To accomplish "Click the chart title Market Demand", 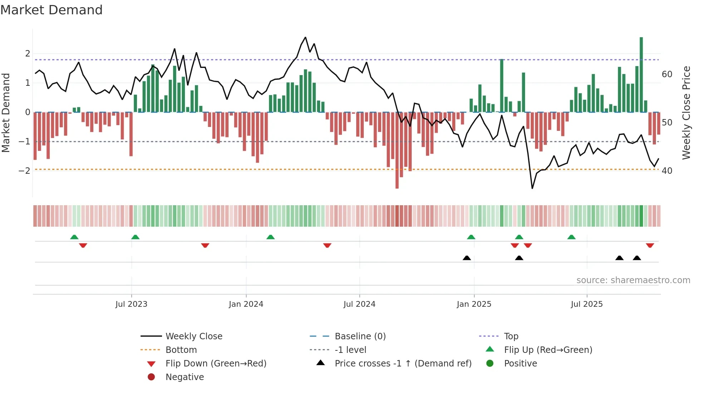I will point(52,10).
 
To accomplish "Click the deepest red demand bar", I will point(397,150).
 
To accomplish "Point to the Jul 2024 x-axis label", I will point(359,304).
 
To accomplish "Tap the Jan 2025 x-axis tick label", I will point(474,304).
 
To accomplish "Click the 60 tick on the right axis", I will point(667,74).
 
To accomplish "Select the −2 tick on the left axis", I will point(25,171).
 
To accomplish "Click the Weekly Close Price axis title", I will point(686,113).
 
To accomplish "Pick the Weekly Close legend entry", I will point(193,336).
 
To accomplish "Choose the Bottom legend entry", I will point(181,350).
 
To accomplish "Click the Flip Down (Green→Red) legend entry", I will point(216,364).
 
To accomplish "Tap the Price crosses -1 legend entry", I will point(403,364).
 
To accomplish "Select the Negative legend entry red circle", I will point(151,377).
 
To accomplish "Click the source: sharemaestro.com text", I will point(633,280).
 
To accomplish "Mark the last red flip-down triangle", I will point(650,245).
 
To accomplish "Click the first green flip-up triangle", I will point(74,237).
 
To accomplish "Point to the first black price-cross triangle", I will point(467,258).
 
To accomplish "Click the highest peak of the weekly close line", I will point(305,38).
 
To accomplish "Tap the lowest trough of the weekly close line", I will point(532,188).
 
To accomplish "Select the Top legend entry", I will point(511,336).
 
